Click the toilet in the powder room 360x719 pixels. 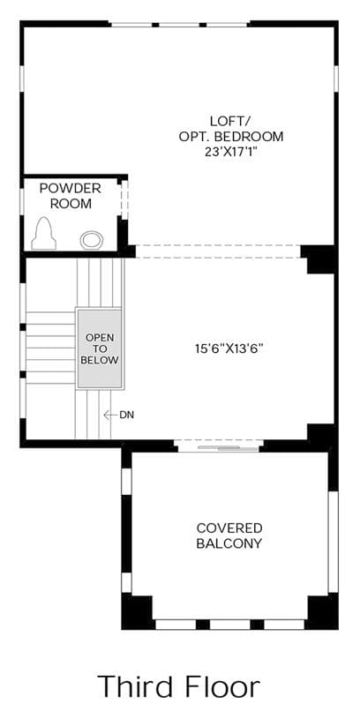43,234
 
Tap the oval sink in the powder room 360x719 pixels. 92,240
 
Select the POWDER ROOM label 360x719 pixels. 71,196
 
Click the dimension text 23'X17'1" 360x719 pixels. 230,152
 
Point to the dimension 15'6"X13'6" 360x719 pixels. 230,348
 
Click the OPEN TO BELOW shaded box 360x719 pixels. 100,348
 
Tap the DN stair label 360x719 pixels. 126,415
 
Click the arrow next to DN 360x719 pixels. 110,415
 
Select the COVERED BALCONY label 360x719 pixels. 229,536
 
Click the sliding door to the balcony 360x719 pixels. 219,446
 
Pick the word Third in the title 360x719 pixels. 136,686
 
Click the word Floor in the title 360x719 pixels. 222,686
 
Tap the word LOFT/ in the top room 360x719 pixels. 230,122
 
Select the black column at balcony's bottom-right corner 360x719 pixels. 322,612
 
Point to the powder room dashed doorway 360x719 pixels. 124,200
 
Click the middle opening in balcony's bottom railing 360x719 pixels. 230,624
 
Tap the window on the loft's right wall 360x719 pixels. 336,78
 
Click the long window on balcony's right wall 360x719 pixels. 334,541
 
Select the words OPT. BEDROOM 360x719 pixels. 230,137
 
